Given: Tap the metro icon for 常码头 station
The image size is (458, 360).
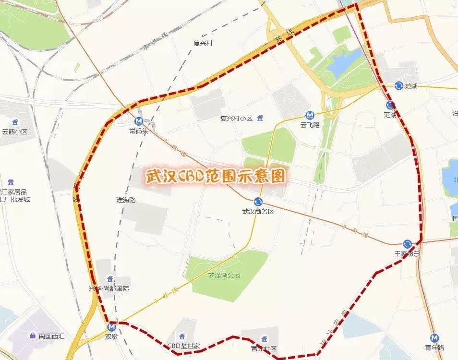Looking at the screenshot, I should click(139, 121).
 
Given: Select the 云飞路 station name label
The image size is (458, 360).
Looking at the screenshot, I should click(310, 125).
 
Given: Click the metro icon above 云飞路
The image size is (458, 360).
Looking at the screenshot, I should click(310, 115).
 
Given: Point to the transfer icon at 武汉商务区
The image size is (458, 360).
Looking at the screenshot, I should click(258, 202).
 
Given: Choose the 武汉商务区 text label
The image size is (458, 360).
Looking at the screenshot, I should click(258, 211).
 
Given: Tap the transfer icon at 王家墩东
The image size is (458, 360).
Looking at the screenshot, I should click(407, 244).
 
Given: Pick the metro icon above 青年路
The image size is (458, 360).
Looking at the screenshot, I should click(434, 338).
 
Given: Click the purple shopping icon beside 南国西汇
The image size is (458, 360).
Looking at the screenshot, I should click(32, 336).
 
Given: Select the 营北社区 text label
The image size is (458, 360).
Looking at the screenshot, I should click(264, 349).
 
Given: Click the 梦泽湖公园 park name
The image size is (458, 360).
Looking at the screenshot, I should click(224, 276).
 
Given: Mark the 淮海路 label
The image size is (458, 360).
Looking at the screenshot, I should click(126, 200).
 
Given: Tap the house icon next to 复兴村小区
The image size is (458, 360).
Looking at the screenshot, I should click(261, 118).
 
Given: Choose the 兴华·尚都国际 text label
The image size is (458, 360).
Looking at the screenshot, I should click(109, 288).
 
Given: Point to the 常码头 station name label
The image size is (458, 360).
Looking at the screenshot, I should click(139, 131).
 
